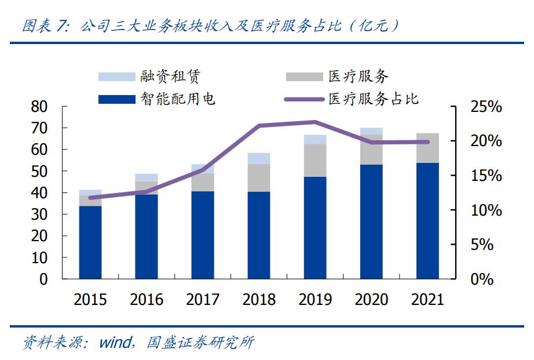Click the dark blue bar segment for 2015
90,242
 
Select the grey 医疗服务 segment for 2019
315,160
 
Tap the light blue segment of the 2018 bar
259,158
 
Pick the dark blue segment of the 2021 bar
427,220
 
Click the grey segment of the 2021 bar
427,148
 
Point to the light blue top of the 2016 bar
147,177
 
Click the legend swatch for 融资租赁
116,77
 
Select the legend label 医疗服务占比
373,99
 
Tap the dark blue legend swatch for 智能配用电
116,100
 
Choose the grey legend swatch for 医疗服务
303,77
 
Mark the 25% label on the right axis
485,107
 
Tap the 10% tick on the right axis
485,210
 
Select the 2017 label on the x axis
203,300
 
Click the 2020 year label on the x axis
371,300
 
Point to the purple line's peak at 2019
315,122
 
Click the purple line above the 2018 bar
259,125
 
